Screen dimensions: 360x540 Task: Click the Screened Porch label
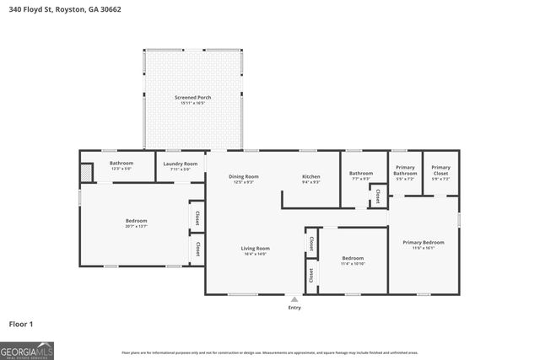point(192,97)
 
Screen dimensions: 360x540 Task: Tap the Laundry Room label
point(180,163)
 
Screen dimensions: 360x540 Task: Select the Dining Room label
point(243,176)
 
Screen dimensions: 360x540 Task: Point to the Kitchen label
point(311,176)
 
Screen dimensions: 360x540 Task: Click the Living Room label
point(255,248)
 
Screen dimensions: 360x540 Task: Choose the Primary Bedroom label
point(423,242)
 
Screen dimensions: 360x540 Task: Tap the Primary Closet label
point(440,169)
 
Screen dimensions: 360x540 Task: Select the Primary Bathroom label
point(405,169)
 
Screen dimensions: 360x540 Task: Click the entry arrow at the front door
point(294,298)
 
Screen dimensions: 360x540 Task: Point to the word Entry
point(294,307)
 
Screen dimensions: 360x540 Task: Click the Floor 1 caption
point(21,323)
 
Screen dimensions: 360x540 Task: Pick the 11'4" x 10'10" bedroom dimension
point(353,263)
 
